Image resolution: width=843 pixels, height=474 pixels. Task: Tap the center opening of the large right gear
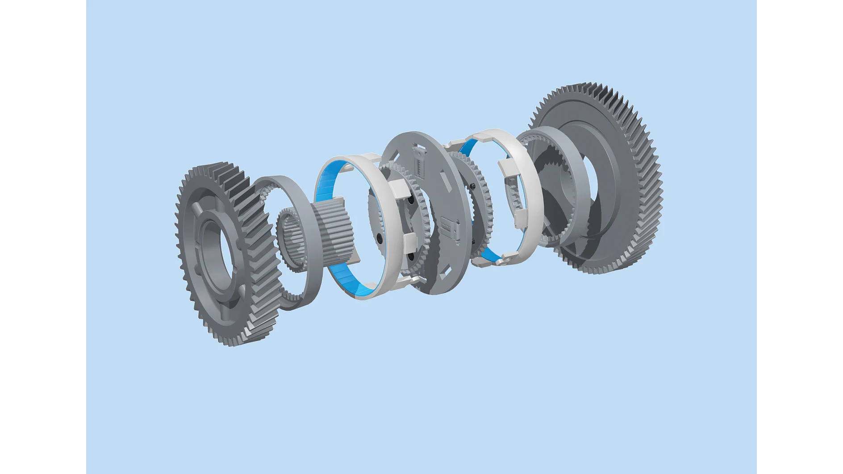589,187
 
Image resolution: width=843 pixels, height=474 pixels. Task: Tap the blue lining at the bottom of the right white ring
489,255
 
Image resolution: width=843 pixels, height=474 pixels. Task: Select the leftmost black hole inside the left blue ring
379,239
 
